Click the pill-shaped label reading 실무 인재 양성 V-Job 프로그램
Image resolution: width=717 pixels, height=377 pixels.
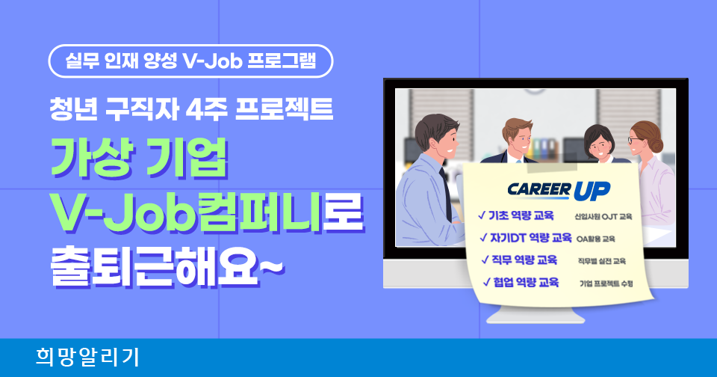pyautogui.click(x=190, y=61)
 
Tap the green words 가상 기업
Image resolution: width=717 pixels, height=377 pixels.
pyautogui.click(x=139, y=158)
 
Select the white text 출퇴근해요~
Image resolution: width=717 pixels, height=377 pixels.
pyautogui.click(x=167, y=269)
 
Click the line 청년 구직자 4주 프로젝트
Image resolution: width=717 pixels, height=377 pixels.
pyautogui.click(x=191, y=110)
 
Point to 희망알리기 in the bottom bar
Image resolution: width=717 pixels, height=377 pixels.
pyautogui.click(x=87, y=358)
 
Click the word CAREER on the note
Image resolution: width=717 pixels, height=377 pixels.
pyautogui.click(x=539, y=189)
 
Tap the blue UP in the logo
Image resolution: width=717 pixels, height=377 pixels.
pyautogui.click(x=592, y=191)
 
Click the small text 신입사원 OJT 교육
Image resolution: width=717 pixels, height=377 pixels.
pyautogui.click(x=603, y=217)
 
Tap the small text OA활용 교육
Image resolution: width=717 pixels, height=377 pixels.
pyautogui.click(x=596, y=239)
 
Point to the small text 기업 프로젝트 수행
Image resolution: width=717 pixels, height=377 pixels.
pyautogui.click(x=606, y=284)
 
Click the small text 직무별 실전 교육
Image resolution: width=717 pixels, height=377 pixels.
pyautogui.click(x=602, y=261)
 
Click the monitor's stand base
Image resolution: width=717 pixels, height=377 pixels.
pyautogui.click(x=536, y=316)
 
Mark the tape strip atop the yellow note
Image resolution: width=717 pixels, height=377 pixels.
pyautogui.click(x=549, y=167)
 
